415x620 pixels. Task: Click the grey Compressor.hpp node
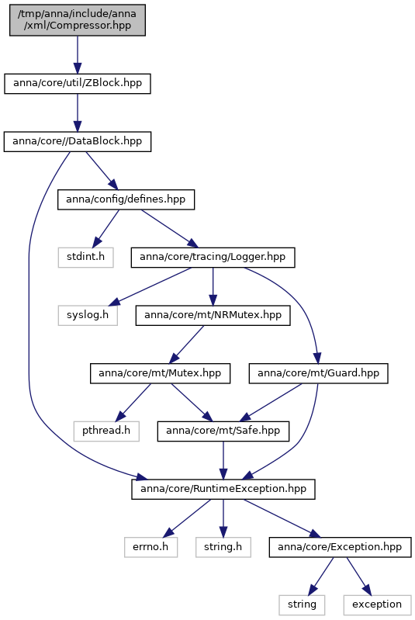tap(78, 20)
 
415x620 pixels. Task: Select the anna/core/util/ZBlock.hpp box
tap(78, 84)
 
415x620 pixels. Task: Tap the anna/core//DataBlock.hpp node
tap(78, 141)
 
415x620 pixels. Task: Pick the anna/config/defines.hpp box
tap(126, 199)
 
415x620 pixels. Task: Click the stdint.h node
tap(86, 258)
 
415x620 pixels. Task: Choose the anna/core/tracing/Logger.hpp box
tap(213, 258)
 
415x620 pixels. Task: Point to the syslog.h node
tap(88, 316)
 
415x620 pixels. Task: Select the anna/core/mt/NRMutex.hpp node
tap(213, 316)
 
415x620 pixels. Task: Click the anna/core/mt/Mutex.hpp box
tap(160, 373)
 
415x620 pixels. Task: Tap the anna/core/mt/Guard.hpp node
tap(319, 373)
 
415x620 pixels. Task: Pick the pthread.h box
tap(106, 431)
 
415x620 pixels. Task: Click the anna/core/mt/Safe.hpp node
tap(223, 431)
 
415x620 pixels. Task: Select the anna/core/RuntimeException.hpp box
tap(223, 489)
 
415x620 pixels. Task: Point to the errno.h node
tap(151, 547)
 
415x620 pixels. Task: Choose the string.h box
tap(223, 547)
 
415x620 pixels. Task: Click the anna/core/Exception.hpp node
tap(341, 547)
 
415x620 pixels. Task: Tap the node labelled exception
tap(377, 605)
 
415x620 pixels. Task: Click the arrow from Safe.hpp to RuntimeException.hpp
tap(223, 460)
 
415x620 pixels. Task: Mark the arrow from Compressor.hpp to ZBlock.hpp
tap(78, 55)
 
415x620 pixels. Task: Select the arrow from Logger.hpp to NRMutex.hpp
tap(213, 286)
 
